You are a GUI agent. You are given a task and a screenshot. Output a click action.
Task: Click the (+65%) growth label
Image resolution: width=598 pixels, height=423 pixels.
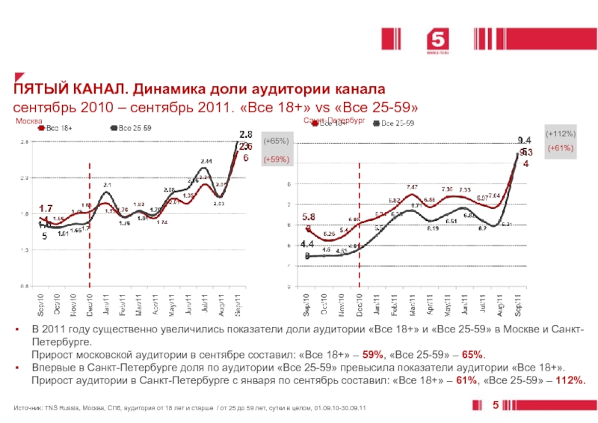pos(275,141)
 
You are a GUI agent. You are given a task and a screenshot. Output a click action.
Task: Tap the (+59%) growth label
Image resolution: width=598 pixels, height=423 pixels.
pos(275,159)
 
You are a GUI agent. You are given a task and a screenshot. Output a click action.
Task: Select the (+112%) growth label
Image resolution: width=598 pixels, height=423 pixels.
pos(560,133)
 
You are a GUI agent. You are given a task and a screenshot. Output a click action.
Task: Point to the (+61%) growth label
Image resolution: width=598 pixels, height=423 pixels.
pos(561,148)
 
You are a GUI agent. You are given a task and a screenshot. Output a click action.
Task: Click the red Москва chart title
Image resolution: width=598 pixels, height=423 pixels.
pos(30,121)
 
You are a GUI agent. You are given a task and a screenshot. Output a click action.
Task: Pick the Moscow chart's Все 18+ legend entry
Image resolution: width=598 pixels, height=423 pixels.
pos(59,128)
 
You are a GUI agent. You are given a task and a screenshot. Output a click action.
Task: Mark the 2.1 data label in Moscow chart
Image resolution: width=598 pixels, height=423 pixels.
pos(108,184)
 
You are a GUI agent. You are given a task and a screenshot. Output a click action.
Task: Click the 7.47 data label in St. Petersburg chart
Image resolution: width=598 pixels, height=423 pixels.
pos(412,186)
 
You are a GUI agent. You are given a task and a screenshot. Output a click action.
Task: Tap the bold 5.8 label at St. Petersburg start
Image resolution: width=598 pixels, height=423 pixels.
pos(309,216)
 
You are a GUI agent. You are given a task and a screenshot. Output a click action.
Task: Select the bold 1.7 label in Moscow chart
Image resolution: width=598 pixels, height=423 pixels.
pos(45,208)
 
